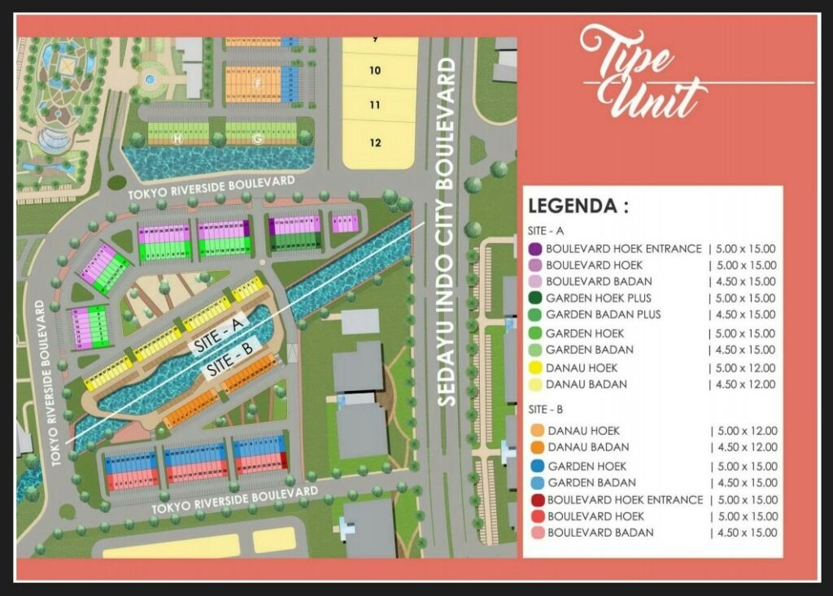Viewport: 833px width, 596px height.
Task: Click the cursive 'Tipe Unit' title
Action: tap(642, 73)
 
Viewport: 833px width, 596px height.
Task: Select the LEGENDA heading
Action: tap(578, 206)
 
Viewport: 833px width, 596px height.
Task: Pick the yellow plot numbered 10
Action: tap(375, 71)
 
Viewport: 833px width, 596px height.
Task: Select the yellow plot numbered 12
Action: tap(375, 142)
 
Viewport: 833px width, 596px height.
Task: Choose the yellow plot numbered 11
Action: tap(375, 105)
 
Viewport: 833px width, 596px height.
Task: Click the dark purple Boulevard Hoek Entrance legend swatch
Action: tap(535, 249)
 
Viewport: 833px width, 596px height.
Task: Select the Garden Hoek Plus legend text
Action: tap(599, 298)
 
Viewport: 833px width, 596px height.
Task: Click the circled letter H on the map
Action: tap(177, 139)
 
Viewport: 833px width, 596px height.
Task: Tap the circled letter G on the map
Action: tap(257, 139)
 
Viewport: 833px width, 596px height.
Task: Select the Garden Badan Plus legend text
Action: tap(604, 315)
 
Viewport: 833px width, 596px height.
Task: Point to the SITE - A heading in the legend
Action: tap(549, 230)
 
